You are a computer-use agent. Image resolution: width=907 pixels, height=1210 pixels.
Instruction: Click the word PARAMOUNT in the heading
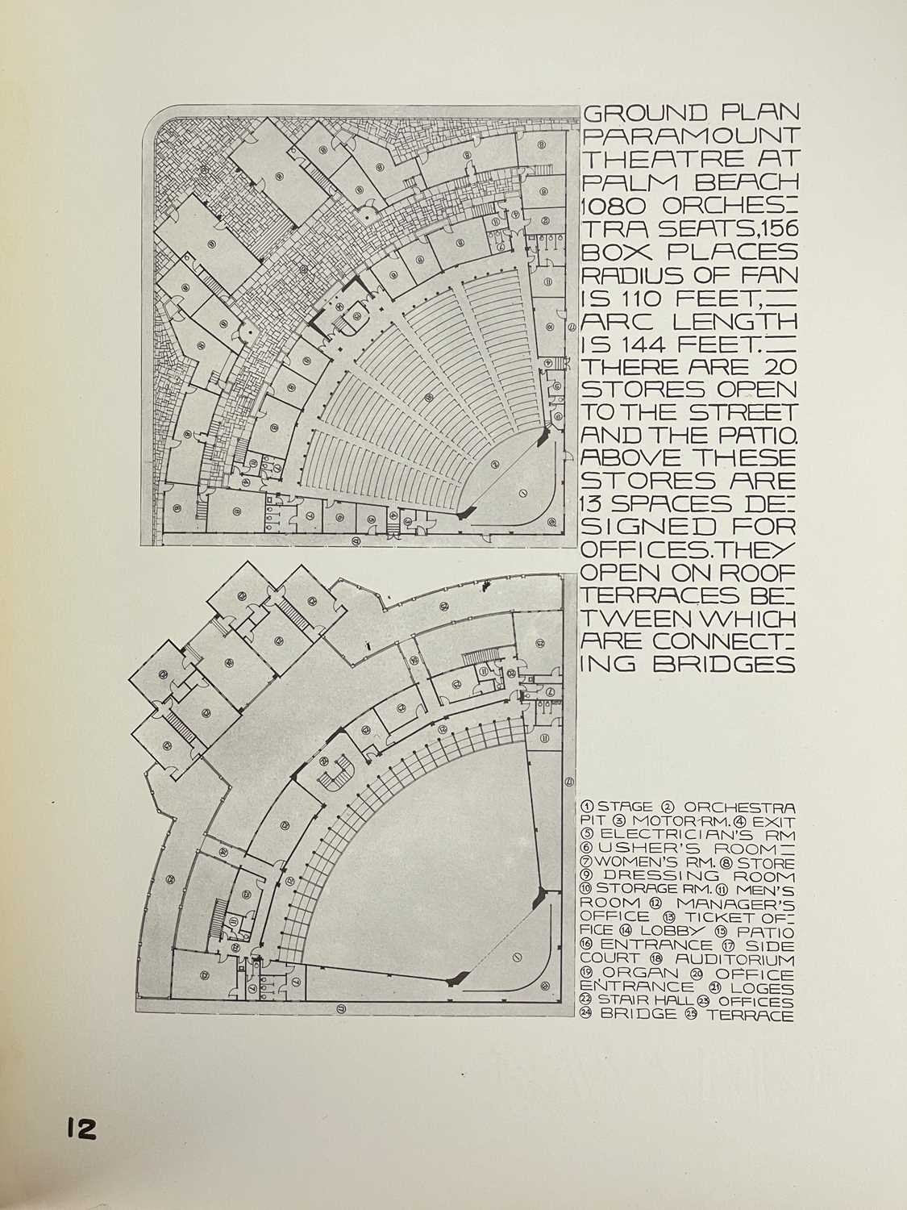tap(690, 136)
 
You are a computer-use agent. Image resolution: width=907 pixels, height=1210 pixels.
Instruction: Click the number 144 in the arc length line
tap(664, 348)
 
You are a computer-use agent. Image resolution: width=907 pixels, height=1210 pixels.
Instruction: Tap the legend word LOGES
tap(768, 987)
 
